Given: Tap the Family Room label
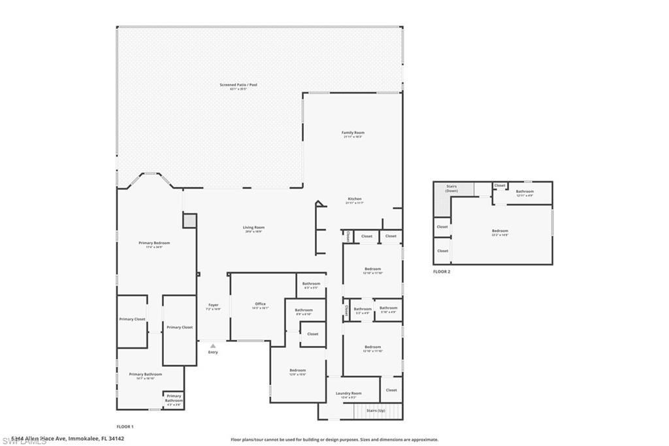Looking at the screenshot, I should point(353,133).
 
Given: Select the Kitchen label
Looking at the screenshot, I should point(353,199).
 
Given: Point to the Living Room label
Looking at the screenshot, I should point(254,228).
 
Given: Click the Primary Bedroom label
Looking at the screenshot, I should point(154,243).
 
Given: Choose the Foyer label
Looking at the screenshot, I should point(213,305).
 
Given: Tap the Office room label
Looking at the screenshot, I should point(260,303).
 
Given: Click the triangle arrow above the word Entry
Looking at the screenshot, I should point(213,346).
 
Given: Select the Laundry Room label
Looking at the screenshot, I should point(348,393).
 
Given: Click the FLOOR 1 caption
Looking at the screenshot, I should point(125,426).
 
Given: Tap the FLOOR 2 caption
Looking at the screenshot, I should point(442,271).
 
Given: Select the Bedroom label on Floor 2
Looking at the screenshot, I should point(500,230).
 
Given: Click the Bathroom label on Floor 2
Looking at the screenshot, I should point(525,192).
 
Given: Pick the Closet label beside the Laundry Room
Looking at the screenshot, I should point(391,390).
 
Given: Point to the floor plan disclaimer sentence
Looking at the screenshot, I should point(334,439).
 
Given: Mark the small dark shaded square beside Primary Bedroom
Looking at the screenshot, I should point(189,221).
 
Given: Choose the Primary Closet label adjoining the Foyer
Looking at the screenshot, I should point(179,327).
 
